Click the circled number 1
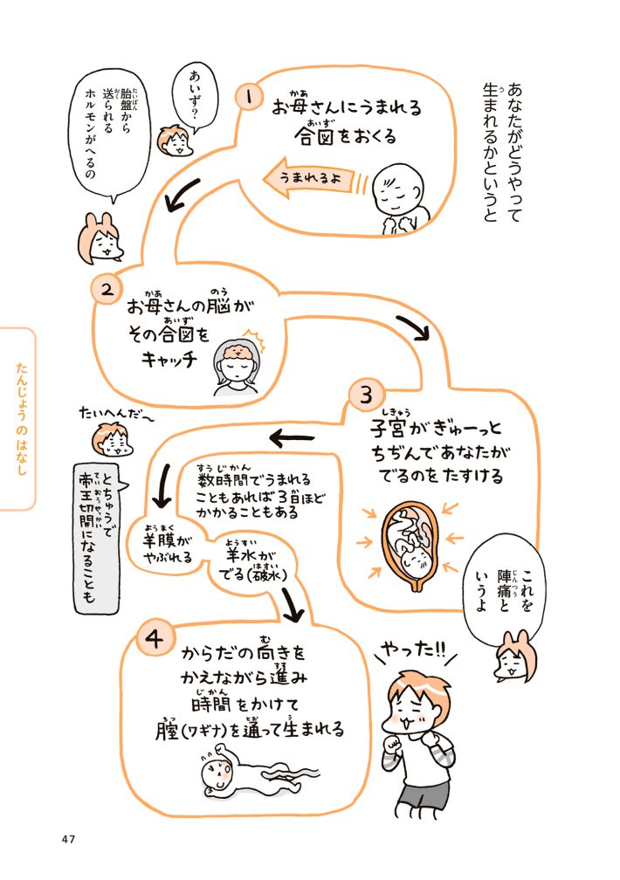251,97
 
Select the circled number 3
364,394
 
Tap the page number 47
71,840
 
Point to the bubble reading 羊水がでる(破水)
248,559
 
